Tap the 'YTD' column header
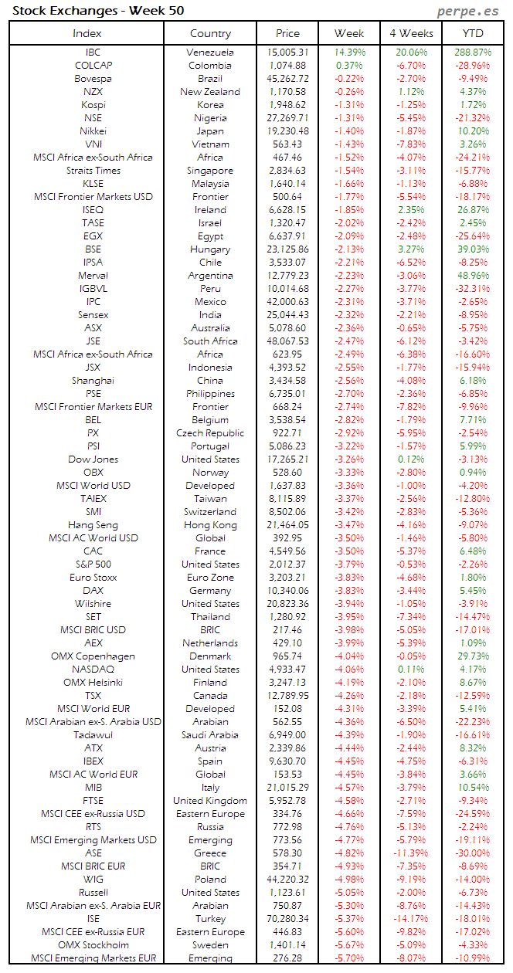coord(473,33)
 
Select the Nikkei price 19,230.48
coord(289,131)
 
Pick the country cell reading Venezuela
coord(210,53)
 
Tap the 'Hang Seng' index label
coord(93,525)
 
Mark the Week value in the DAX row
coord(349,591)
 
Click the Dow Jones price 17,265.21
coord(289,459)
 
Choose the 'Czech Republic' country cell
coord(210,433)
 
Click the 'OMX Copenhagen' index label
coord(93,656)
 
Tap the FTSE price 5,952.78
coord(289,801)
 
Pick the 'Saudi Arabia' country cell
coord(210,735)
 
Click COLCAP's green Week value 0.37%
coord(349,66)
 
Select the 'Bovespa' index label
coord(93,79)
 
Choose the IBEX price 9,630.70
coord(289,761)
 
